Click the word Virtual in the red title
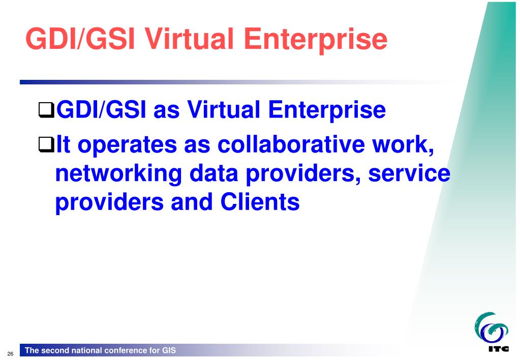[x=190, y=39]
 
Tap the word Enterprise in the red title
[x=315, y=41]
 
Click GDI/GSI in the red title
[x=80, y=39]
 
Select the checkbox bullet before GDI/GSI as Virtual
[x=46, y=110]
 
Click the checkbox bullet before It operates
[x=46, y=145]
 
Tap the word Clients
[x=260, y=202]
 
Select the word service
[x=409, y=173]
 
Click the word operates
[x=128, y=145]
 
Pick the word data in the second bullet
[x=213, y=173]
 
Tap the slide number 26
[x=10, y=354]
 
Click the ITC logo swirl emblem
[x=491, y=328]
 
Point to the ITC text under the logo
[x=499, y=348]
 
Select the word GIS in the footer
[x=169, y=350]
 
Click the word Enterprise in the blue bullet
[x=327, y=111]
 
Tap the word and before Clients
[x=192, y=202]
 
